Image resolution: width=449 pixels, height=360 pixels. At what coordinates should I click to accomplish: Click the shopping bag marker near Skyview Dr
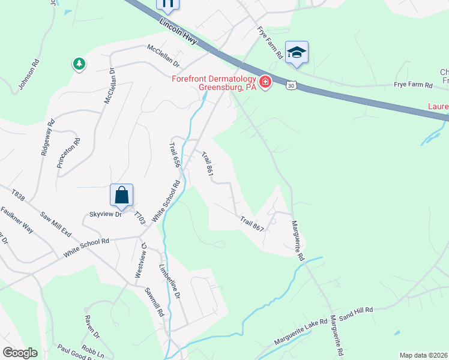click(x=121, y=195)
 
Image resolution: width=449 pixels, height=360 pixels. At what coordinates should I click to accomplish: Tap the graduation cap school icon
click(x=297, y=52)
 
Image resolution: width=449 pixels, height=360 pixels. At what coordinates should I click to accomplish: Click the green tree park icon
click(x=79, y=64)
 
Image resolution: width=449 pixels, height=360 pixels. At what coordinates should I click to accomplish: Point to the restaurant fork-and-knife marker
click(x=167, y=4)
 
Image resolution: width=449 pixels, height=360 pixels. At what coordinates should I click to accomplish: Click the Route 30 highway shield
click(x=291, y=86)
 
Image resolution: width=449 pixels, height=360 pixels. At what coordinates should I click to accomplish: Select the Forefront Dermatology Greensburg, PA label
click(x=214, y=83)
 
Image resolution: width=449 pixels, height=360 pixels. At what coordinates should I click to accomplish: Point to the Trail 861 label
click(x=208, y=166)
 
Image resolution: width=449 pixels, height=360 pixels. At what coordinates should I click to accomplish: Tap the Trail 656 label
click(x=175, y=155)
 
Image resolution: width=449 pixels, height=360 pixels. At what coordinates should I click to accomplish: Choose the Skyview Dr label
click(x=105, y=214)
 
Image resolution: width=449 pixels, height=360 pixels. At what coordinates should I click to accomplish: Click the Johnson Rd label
click(x=29, y=74)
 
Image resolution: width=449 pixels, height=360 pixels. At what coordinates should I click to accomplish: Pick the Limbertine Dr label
click(x=170, y=281)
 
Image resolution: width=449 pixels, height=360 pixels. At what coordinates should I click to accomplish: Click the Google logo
click(x=20, y=353)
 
